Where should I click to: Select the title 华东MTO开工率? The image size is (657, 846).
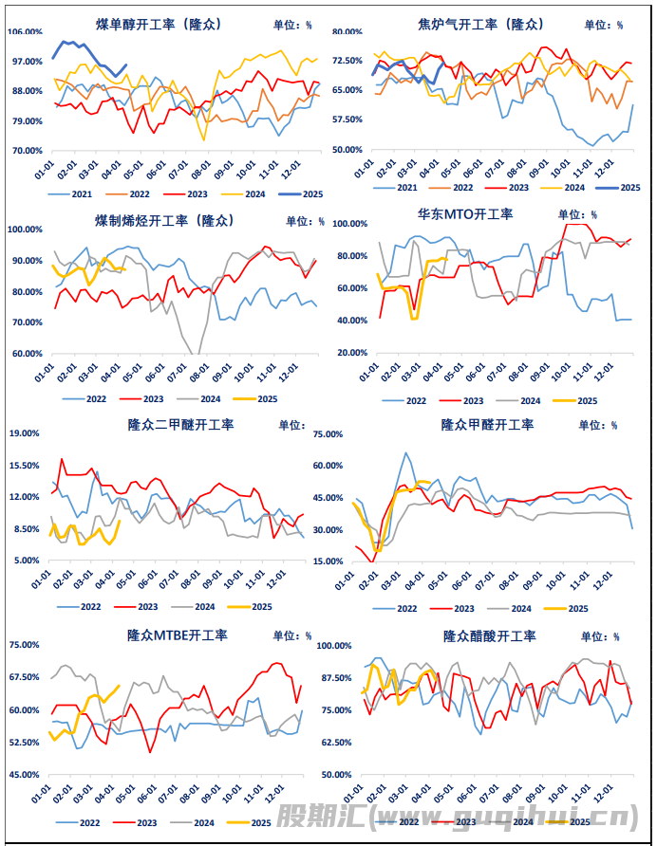tap(465, 213)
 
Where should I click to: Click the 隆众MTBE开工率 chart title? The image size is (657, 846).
tap(178, 634)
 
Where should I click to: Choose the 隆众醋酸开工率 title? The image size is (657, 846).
tap(489, 634)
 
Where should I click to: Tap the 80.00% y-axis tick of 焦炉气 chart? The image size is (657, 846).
tap(347, 31)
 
